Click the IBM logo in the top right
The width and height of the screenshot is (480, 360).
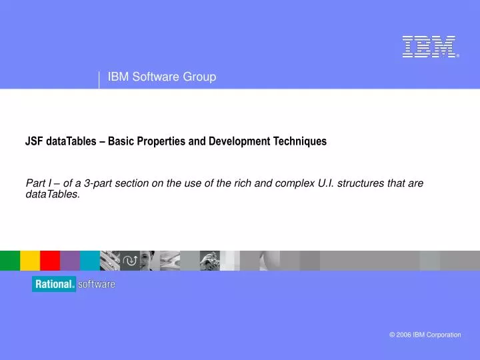429,47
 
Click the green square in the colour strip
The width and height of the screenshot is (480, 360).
10,261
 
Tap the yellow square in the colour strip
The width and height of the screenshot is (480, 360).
30,261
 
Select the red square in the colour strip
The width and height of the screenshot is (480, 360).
50,261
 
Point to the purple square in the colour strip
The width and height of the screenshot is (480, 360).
70,261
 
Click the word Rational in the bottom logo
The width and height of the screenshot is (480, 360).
54,284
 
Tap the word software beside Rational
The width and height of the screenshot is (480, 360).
97,284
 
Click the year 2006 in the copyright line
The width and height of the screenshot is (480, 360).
405,335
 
